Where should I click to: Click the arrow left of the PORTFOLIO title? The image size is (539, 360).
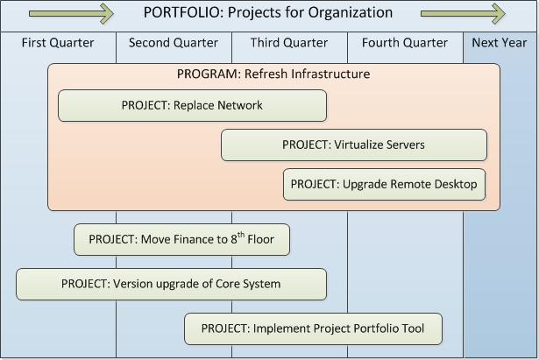pos(71,13)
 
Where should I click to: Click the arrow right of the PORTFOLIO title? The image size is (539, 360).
pos(463,13)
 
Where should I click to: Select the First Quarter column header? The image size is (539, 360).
pos(58,43)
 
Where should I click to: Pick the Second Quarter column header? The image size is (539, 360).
pos(174,43)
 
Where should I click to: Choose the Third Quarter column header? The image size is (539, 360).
pos(289,43)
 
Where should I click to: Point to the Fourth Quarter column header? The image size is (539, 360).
pos(405,43)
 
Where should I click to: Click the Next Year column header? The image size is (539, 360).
pos(500,43)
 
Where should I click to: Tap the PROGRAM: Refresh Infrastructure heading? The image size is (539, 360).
pos(273,74)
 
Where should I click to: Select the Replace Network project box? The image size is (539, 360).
pos(192,105)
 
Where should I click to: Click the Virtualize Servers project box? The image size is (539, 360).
pos(354,145)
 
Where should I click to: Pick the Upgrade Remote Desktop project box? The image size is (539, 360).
pos(385,185)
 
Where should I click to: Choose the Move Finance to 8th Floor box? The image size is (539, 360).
pos(181,239)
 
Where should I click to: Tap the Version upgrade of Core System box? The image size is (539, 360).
pos(171,284)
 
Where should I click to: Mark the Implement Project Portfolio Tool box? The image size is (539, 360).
pos(313,328)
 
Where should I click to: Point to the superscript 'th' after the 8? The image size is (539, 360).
pos(241,235)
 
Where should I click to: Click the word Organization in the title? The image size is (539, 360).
pos(351,13)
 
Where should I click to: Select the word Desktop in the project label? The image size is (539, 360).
pos(456,185)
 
